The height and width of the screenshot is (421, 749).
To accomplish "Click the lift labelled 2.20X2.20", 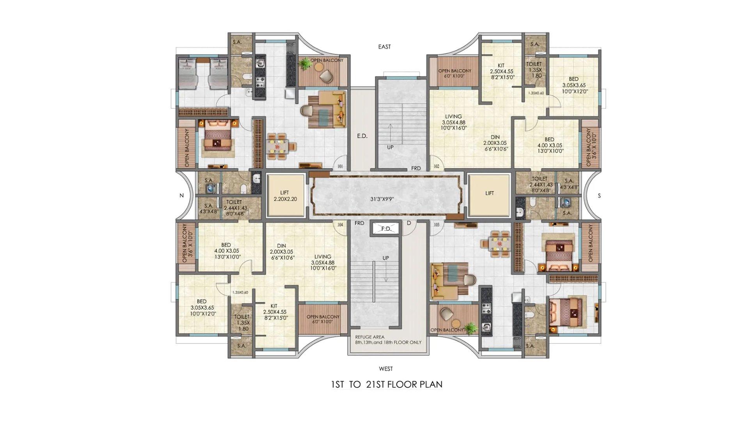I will click(285, 196).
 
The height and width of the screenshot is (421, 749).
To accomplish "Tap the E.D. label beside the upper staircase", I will click(362, 136).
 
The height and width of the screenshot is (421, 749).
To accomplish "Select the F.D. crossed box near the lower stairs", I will click(386, 229).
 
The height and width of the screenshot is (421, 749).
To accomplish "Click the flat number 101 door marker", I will click(340, 166).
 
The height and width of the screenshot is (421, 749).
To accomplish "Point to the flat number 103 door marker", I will click(436, 225).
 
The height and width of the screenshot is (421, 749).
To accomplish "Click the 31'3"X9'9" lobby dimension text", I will click(382, 199).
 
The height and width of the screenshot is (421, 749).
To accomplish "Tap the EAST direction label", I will click(384, 47).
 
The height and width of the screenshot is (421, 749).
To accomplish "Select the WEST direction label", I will click(386, 369).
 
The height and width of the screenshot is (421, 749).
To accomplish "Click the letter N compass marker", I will click(181, 196).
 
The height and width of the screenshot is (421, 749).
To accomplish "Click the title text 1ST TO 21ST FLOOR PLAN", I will click(387, 385).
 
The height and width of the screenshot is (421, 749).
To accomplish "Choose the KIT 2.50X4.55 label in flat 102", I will click(501, 71).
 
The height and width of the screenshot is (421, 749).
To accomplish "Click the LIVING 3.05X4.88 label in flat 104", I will click(323, 262).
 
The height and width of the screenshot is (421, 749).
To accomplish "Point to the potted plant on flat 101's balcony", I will click(304, 62).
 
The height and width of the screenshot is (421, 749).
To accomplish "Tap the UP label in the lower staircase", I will click(385, 258).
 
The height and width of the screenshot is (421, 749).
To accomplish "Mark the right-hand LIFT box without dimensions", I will click(489, 193).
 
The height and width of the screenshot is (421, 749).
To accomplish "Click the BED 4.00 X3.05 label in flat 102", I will click(549, 145).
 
